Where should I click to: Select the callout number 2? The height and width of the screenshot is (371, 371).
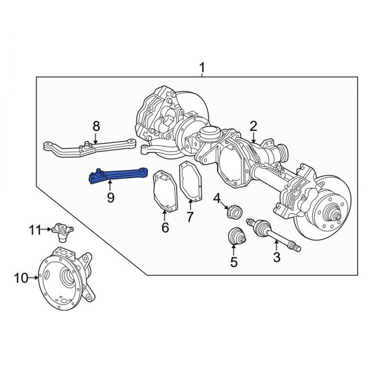point(254,127)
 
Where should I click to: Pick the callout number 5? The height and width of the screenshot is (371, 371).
point(234,262)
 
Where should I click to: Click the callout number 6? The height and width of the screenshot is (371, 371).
point(165,228)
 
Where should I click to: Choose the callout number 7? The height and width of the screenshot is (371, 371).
point(190,217)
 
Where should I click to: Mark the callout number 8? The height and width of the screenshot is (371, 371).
point(96,126)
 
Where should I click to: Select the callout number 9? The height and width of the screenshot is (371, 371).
point(110,198)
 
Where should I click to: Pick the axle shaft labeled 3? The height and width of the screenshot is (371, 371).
point(272,234)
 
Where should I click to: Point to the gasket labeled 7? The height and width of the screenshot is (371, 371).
point(190,184)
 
